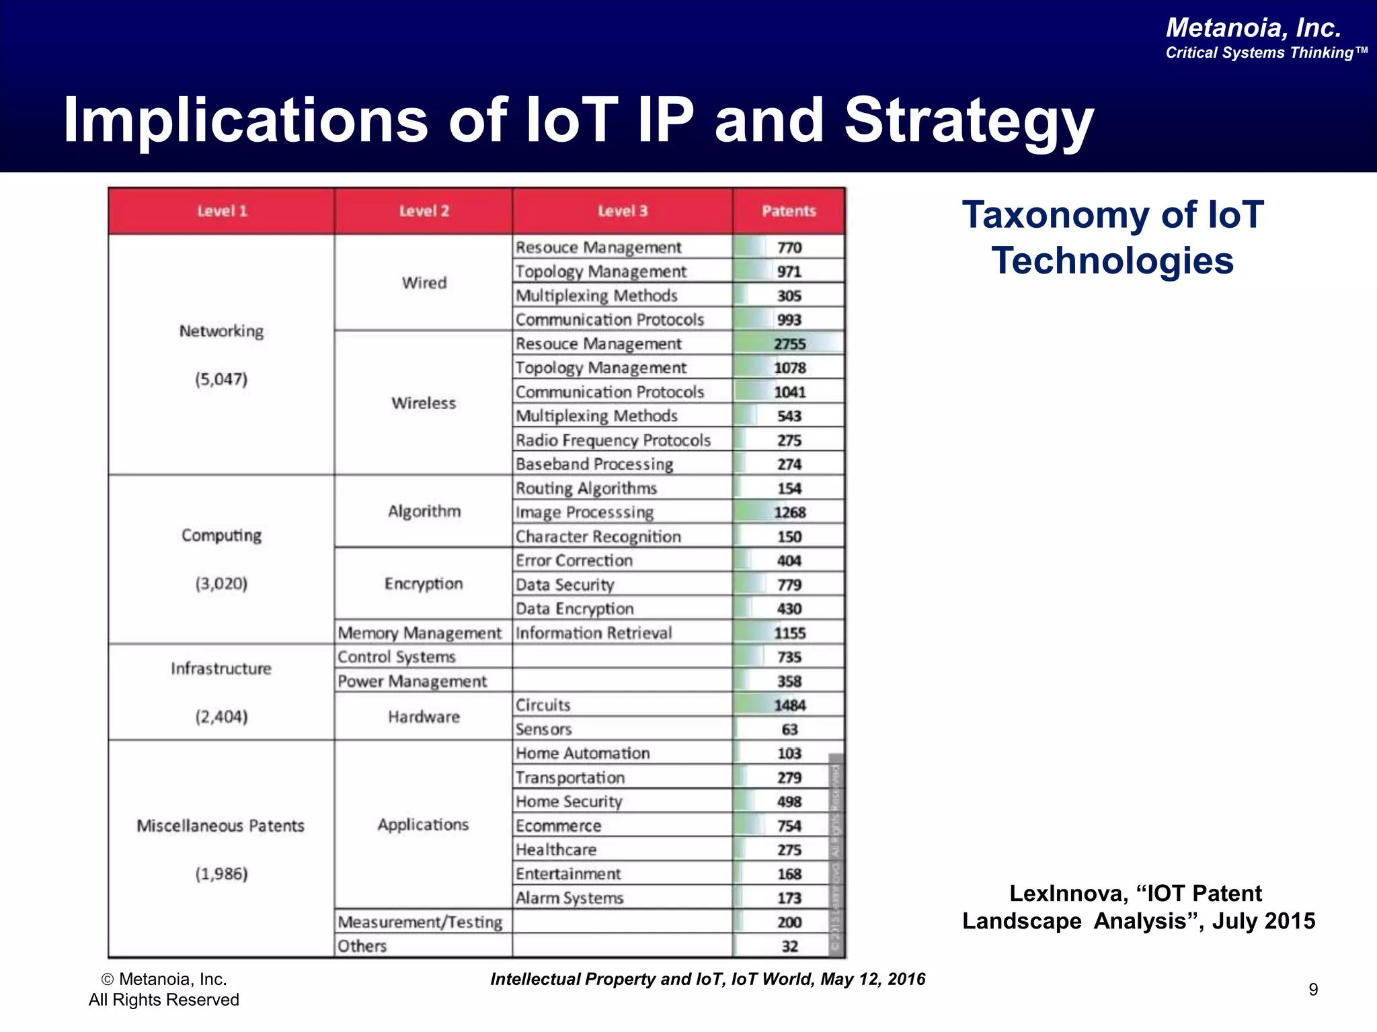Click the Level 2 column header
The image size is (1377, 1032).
coord(424,211)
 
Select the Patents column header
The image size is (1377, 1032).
coord(789,211)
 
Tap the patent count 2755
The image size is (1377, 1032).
coord(789,344)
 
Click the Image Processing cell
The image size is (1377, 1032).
coord(584,513)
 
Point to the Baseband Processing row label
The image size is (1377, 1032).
coord(594,464)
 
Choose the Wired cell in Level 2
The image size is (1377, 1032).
coord(424,283)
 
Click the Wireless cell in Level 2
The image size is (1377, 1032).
coord(424,403)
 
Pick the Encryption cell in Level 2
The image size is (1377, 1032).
coord(424,584)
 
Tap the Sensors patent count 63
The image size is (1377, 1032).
coord(789,730)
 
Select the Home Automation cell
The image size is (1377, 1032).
coord(582,754)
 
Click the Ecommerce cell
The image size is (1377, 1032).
coord(558,826)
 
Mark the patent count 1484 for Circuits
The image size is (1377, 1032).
coord(789,705)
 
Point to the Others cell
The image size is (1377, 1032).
coord(362,946)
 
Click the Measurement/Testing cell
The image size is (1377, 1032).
coord(420,922)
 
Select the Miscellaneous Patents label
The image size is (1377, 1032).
coord(221,826)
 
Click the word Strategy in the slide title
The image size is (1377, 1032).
coord(969,121)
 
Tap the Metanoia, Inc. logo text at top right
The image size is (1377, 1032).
coord(1253,28)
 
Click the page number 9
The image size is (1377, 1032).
coord(1313,989)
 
